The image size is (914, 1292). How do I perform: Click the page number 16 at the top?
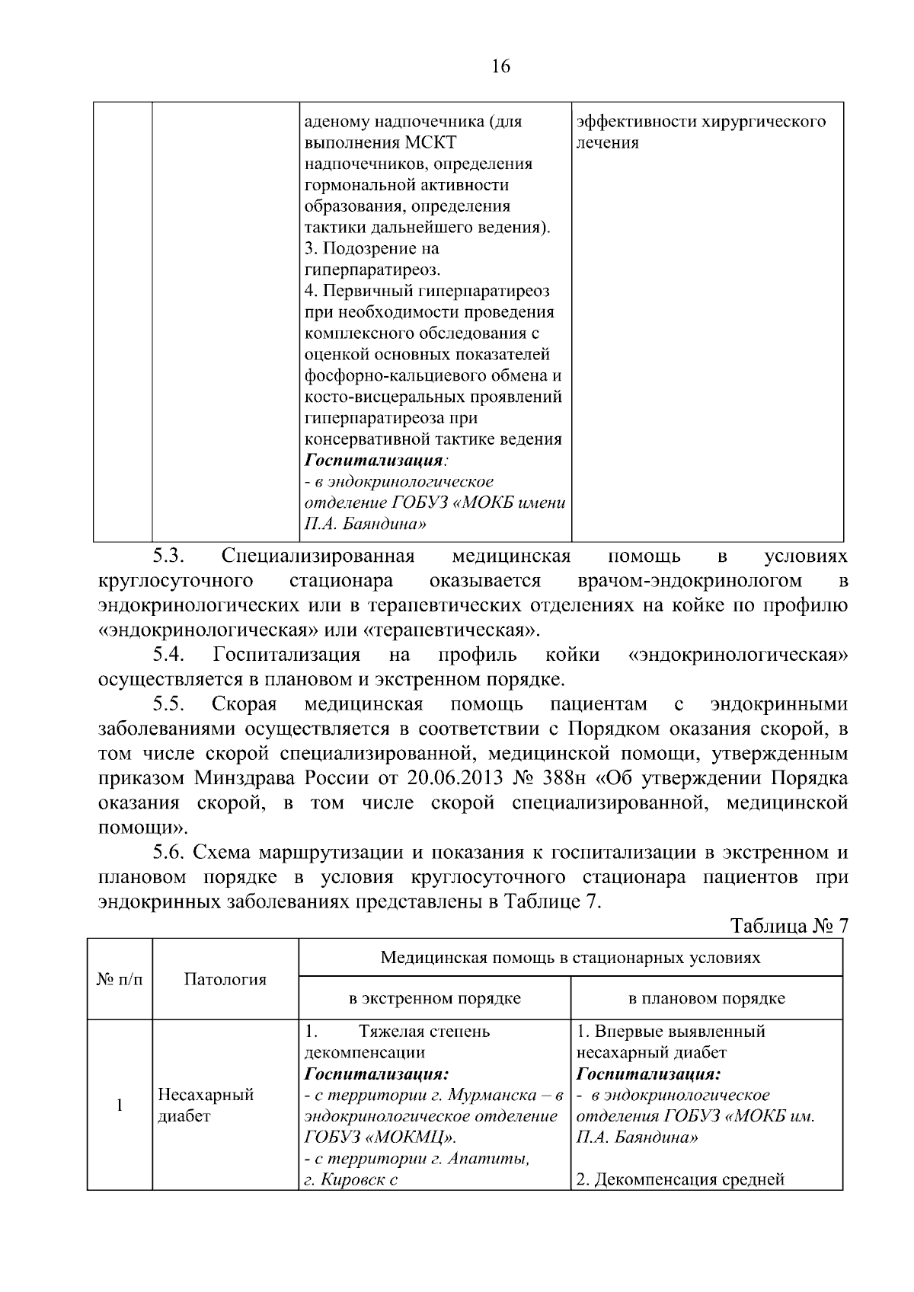point(500,66)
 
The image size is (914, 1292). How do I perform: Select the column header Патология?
point(225,979)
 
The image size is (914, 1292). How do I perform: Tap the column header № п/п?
point(120,979)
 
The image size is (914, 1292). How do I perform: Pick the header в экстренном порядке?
point(435,998)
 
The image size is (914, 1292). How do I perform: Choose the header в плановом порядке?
point(707,998)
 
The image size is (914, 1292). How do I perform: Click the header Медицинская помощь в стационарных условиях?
point(570,957)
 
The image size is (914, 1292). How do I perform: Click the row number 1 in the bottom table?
point(120,1105)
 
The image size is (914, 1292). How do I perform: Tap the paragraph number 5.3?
point(170,557)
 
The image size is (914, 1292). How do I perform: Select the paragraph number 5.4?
point(170,654)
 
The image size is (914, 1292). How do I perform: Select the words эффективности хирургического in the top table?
point(701,122)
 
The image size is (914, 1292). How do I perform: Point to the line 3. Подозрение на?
point(372,249)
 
